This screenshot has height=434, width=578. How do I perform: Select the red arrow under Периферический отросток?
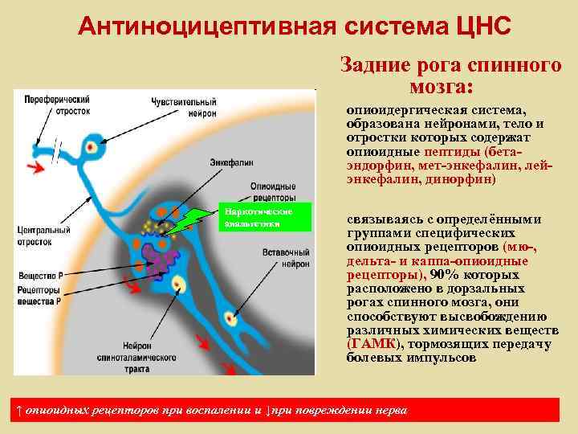click(35, 167)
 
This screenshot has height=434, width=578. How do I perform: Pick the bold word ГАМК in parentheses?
click(370, 343)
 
